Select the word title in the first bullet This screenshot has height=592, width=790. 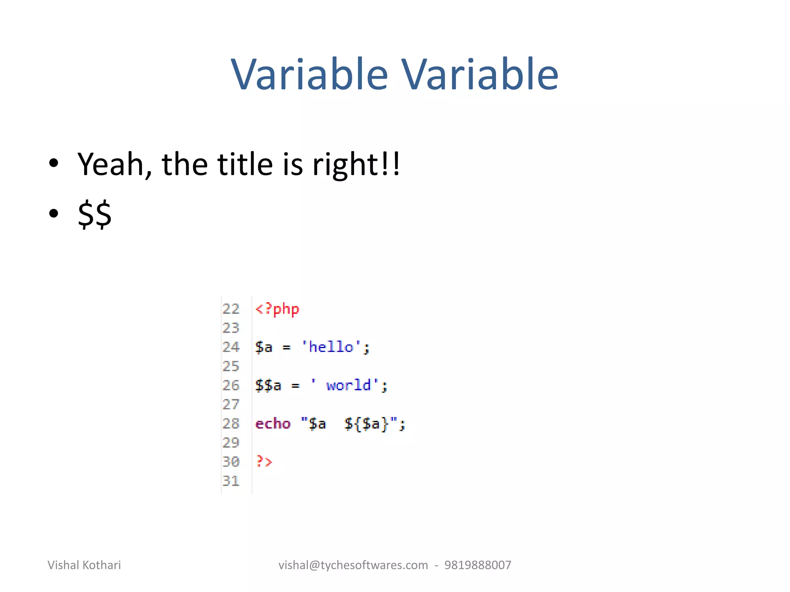(x=245, y=165)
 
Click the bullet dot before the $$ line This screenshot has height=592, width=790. (x=54, y=213)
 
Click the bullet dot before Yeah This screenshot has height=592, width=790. (x=54, y=163)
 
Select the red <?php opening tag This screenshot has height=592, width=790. (x=277, y=309)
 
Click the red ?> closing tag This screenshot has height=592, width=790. (x=264, y=461)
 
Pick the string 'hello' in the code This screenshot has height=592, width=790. (x=331, y=347)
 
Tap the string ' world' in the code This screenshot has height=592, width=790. (x=345, y=385)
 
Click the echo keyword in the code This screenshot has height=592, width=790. (x=273, y=424)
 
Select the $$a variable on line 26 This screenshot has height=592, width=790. (x=268, y=385)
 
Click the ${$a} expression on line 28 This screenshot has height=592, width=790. (x=366, y=424)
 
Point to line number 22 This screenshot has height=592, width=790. (x=231, y=309)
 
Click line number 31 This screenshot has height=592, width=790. (x=231, y=481)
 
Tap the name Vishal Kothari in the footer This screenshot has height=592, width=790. (x=84, y=565)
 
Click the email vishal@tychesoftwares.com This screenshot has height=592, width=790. (x=353, y=565)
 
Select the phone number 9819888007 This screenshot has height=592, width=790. (x=478, y=565)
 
